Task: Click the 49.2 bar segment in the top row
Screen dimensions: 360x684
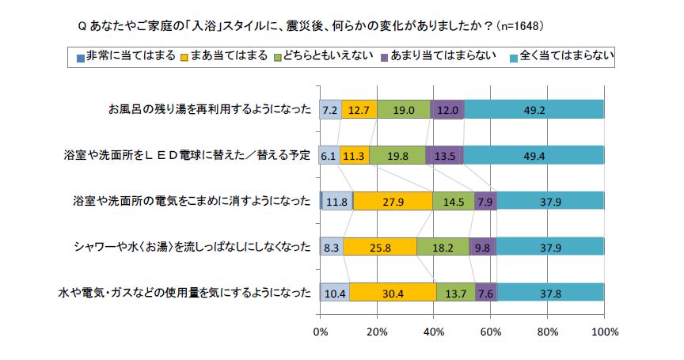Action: point(534,110)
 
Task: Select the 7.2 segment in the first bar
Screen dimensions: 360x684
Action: point(330,110)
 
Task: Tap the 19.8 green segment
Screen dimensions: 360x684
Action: point(397,155)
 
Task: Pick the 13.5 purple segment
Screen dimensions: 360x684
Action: point(444,155)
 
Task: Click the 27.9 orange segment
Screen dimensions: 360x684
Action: point(393,201)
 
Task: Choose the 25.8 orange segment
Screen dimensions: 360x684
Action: point(380,247)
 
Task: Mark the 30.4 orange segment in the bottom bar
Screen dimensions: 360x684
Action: point(393,293)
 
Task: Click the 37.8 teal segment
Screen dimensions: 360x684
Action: point(550,293)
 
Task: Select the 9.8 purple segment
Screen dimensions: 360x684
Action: point(482,247)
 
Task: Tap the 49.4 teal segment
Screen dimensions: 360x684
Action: point(534,155)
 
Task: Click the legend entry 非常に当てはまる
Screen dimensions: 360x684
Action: point(126,56)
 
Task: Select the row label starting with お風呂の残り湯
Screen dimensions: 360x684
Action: point(210,110)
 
